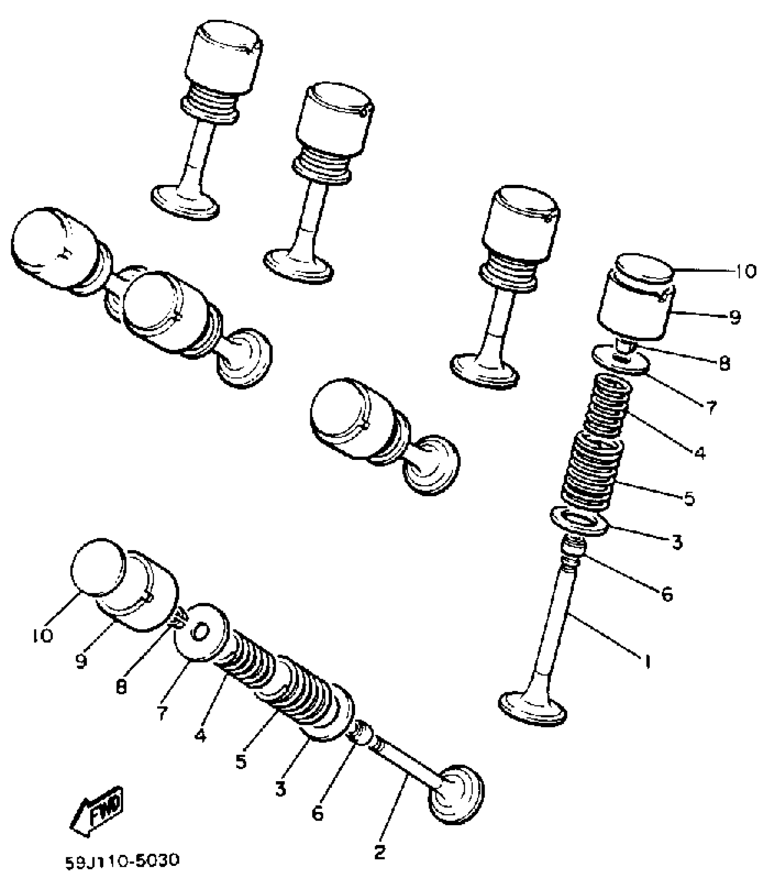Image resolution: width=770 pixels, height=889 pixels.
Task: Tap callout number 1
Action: (648, 662)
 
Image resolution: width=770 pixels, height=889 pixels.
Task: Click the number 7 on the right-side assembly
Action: (711, 408)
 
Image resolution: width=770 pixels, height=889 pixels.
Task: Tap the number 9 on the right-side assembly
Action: (735, 316)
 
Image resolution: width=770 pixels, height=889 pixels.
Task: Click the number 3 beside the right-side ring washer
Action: (677, 541)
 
